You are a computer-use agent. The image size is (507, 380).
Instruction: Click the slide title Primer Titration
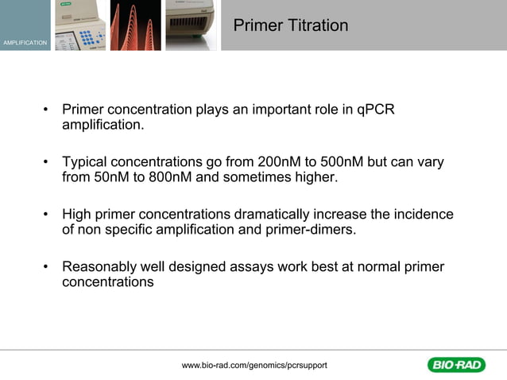coord(291,25)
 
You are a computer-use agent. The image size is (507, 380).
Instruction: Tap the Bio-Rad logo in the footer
coord(456,365)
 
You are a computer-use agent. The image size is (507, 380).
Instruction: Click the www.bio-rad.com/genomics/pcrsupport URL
coord(254,365)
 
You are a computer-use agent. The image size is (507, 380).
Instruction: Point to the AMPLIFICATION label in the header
coord(25,42)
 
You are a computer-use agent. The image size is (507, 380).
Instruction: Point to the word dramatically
coord(277,215)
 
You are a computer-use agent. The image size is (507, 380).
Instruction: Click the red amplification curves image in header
coord(135,25)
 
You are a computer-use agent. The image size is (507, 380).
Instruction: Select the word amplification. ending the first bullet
coord(103,125)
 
